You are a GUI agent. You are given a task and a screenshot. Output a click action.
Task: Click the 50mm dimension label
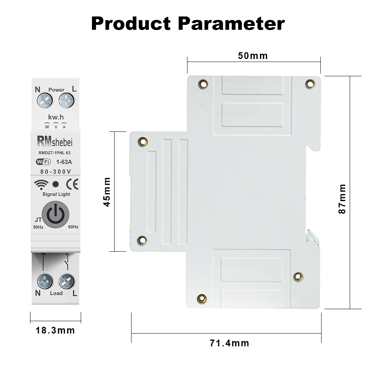click(x=253, y=56)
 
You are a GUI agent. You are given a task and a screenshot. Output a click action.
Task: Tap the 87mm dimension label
click(x=342, y=199)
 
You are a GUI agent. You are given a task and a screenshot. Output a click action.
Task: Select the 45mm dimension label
click(x=107, y=192)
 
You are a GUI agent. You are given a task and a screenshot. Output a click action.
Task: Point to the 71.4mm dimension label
click(x=230, y=343)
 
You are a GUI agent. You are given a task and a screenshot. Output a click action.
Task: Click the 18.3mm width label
click(x=55, y=331)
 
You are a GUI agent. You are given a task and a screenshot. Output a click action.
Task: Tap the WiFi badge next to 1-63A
click(x=43, y=162)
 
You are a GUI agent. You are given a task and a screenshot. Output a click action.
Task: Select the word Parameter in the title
click(x=231, y=24)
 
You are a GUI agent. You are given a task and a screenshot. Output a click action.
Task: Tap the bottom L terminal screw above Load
click(x=66, y=281)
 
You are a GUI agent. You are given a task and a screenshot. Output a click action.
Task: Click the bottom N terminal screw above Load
click(x=45, y=281)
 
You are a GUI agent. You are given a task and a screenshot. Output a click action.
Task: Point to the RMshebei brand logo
click(x=55, y=141)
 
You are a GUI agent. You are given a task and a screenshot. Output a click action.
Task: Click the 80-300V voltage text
click(x=56, y=172)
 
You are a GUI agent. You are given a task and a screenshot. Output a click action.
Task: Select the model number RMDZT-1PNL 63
click(x=54, y=153)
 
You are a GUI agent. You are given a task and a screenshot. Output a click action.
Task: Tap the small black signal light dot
click(x=56, y=184)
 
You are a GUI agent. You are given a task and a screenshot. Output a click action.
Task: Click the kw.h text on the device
click(x=56, y=118)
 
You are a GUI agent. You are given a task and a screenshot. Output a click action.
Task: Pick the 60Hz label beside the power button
click(x=73, y=227)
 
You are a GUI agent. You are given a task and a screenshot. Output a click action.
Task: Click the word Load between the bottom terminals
click(x=56, y=293)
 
